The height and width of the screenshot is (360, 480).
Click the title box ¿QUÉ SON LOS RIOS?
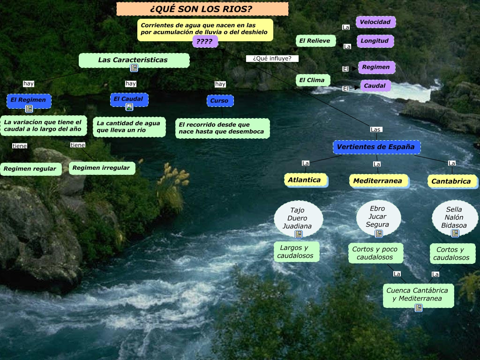(x=202, y=9)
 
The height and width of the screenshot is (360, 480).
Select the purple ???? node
(x=205, y=42)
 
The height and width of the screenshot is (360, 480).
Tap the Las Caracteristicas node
(x=133, y=60)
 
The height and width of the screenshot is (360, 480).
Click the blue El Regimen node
(x=29, y=100)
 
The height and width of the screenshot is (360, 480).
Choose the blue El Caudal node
(x=129, y=99)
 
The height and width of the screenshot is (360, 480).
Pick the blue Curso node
(x=219, y=101)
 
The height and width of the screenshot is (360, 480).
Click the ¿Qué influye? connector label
(x=272, y=59)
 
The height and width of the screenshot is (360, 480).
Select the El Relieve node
(x=315, y=41)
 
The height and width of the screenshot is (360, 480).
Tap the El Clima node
(x=312, y=80)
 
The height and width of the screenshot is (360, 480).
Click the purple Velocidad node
(x=375, y=22)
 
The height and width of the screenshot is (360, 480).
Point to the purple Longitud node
(x=375, y=41)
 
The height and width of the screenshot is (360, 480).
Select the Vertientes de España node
(x=376, y=147)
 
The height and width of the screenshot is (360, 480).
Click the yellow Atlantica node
(x=305, y=180)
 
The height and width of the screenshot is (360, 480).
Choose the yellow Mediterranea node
(x=378, y=181)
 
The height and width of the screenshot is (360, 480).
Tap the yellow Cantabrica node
(x=451, y=181)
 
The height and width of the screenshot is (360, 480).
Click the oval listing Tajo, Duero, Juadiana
(x=298, y=218)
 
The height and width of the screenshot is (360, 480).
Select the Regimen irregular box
(x=101, y=167)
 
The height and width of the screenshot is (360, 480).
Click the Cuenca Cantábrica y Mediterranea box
(x=418, y=294)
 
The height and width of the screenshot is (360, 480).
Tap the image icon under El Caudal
(x=129, y=107)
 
